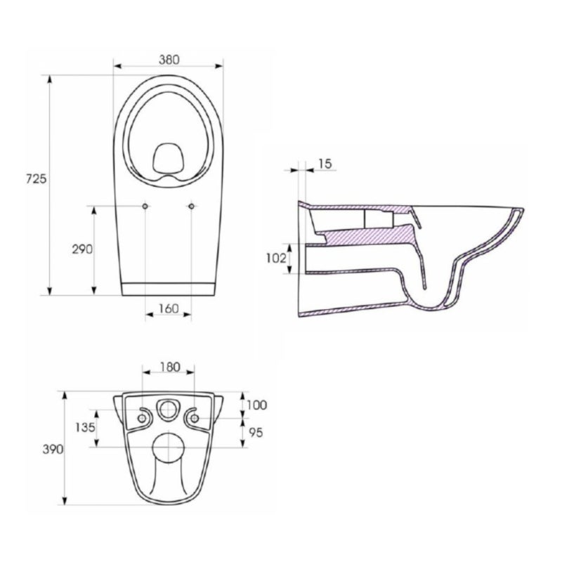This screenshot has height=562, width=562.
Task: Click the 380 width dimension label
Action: [x=167, y=59]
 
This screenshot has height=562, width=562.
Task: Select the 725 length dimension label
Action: [x=36, y=179]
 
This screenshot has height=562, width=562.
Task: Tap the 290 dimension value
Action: [x=82, y=249]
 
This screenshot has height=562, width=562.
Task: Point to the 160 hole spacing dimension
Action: [x=167, y=308]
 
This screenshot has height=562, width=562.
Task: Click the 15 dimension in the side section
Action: [x=325, y=163]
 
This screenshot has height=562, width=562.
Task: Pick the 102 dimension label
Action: [x=277, y=258]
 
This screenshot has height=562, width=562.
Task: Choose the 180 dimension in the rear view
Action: [x=169, y=366]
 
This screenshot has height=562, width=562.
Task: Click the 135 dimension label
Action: [x=84, y=428]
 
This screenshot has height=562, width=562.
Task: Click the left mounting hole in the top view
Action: [x=144, y=206]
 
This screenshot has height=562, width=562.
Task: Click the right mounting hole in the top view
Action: [x=191, y=206]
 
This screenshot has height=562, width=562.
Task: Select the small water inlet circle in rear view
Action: [x=167, y=410]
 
